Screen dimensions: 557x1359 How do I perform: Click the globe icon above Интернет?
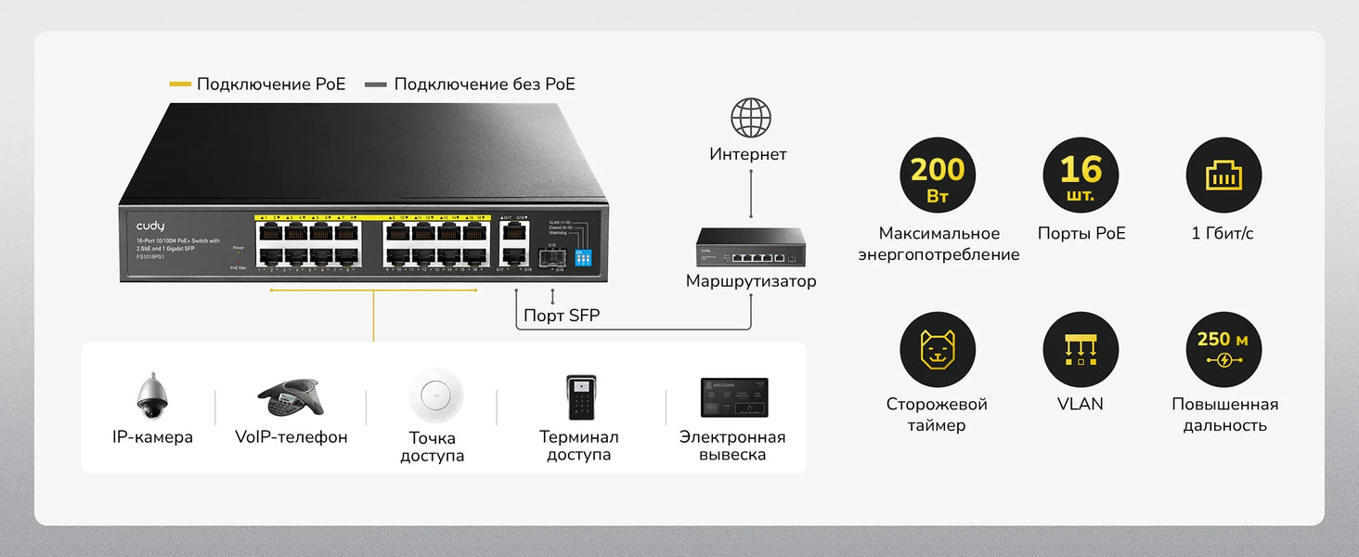[750, 118]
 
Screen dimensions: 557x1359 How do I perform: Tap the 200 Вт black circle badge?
[938, 175]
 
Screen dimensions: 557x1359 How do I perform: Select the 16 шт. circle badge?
[1081, 175]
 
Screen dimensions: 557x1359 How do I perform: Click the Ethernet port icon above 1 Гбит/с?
[1223, 175]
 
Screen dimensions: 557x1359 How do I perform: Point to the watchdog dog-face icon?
[938, 350]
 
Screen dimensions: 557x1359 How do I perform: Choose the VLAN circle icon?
[1081, 350]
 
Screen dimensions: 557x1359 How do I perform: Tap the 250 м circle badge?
[1223, 350]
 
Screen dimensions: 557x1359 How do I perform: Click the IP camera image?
[151, 396]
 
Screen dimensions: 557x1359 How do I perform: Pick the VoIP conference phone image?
[291, 398]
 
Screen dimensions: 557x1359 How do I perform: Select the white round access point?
[435, 395]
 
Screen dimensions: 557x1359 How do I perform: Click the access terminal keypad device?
[580, 397]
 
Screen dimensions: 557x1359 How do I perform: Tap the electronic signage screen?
[733, 397]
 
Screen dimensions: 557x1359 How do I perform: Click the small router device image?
[751, 247]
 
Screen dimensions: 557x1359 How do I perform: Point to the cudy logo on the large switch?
[150, 226]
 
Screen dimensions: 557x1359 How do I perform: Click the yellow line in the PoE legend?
[180, 84]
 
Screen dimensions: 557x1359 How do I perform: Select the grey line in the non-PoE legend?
[376, 84]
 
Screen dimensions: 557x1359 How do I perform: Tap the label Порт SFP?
[562, 316]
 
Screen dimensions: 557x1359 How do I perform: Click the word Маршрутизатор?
[751, 280]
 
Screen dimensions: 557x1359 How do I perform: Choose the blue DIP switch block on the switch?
[584, 257]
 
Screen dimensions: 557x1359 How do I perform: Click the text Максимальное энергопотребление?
[938, 244]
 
